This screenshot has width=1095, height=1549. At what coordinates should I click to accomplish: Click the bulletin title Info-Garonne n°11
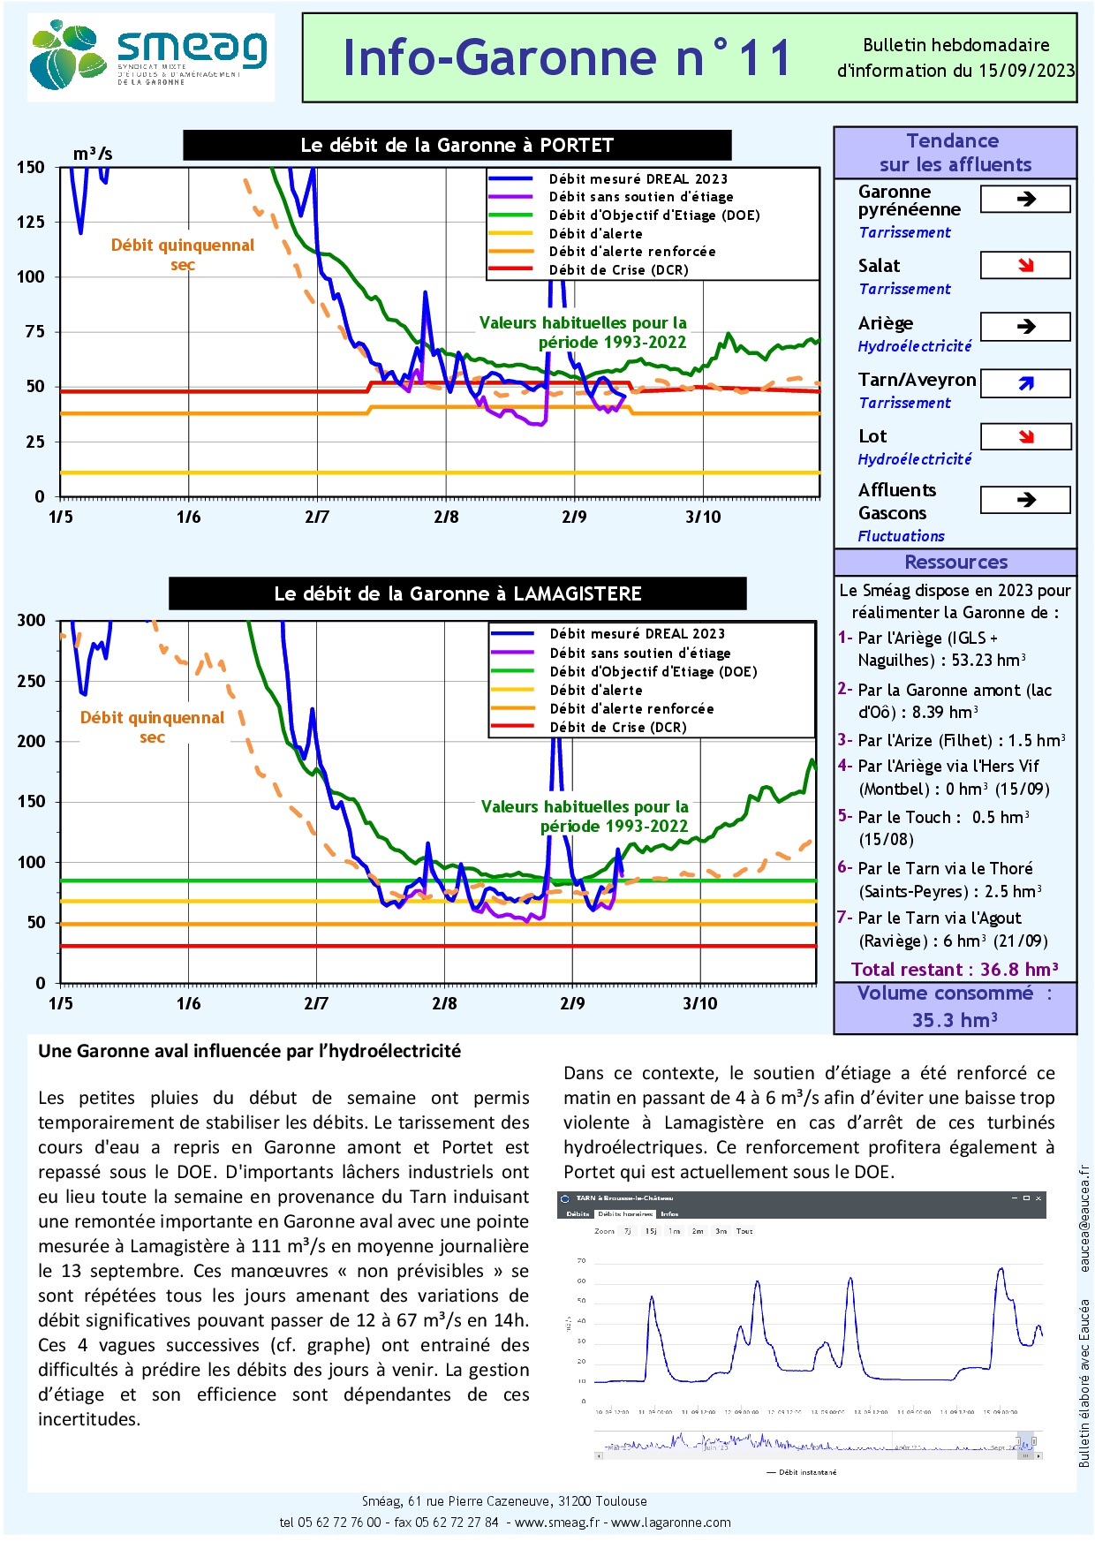(566, 58)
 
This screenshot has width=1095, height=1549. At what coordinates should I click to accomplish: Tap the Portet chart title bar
(457, 146)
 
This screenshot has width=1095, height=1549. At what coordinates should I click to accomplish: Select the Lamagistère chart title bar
(457, 593)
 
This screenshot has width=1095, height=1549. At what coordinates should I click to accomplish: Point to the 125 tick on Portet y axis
(31, 222)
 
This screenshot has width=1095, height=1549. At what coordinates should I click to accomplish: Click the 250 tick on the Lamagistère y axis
(31, 681)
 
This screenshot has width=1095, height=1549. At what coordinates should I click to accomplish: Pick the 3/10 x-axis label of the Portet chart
(703, 517)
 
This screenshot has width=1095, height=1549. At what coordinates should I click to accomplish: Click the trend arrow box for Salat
(1025, 265)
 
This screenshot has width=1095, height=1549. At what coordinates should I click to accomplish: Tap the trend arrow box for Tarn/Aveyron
(1025, 383)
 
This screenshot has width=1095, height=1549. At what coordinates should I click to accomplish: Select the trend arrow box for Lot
(1025, 436)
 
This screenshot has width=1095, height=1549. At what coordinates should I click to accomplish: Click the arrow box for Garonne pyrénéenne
(1025, 200)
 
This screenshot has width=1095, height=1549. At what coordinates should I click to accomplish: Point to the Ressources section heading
(955, 562)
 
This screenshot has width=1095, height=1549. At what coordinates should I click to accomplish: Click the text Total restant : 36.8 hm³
(955, 970)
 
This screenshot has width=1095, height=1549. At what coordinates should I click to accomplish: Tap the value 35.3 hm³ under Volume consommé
(955, 1020)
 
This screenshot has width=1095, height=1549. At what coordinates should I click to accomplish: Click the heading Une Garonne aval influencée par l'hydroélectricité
(249, 1051)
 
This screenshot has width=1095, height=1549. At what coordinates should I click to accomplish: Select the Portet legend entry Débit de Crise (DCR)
(618, 270)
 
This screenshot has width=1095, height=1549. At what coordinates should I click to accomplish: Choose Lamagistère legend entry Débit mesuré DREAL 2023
(637, 634)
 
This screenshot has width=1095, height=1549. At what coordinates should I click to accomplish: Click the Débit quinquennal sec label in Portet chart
(182, 254)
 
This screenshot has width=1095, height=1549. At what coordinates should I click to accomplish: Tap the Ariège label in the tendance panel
(886, 323)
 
